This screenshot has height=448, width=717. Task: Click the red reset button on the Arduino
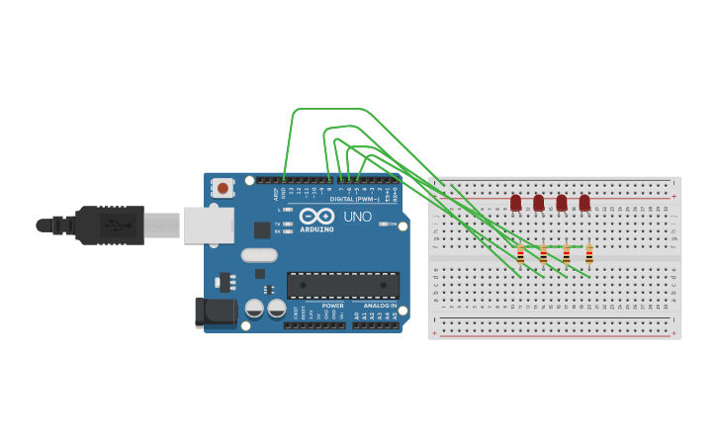(x=224, y=188)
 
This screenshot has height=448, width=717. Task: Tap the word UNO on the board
(x=357, y=217)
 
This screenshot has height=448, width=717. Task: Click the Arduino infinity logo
(x=317, y=216)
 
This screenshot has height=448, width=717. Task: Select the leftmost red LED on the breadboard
(x=515, y=203)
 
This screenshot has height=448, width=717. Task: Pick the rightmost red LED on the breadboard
(x=584, y=203)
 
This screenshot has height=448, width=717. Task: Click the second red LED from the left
(x=539, y=203)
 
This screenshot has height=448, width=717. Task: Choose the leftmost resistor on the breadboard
(x=520, y=256)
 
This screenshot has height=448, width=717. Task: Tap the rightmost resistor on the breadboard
(x=589, y=256)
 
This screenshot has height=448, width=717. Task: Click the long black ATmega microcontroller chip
(x=343, y=285)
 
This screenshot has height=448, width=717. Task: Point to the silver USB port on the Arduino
(x=209, y=225)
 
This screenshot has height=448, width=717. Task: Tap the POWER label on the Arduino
(x=332, y=306)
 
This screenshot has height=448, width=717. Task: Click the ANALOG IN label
(x=380, y=306)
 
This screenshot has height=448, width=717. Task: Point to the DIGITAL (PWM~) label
(x=354, y=199)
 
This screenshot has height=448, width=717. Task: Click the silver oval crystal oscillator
(x=259, y=254)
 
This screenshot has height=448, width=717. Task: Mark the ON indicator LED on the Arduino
(x=384, y=224)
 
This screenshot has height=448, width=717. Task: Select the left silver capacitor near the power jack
(x=254, y=309)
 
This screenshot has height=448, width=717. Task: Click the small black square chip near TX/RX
(x=262, y=229)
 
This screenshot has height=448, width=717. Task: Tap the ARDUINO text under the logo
(x=317, y=229)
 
